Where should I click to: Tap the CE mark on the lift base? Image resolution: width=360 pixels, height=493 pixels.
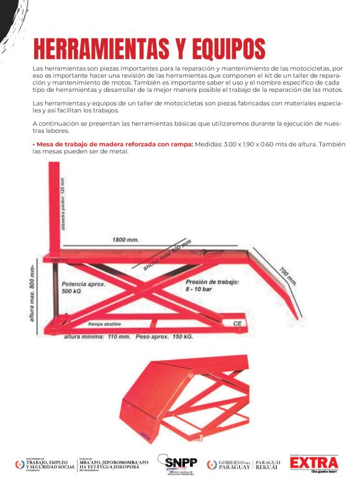[x=237, y=323]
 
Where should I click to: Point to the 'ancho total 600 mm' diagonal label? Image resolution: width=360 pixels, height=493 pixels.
[x=168, y=255]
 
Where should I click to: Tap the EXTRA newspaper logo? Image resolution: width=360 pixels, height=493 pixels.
[x=314, y=463]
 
